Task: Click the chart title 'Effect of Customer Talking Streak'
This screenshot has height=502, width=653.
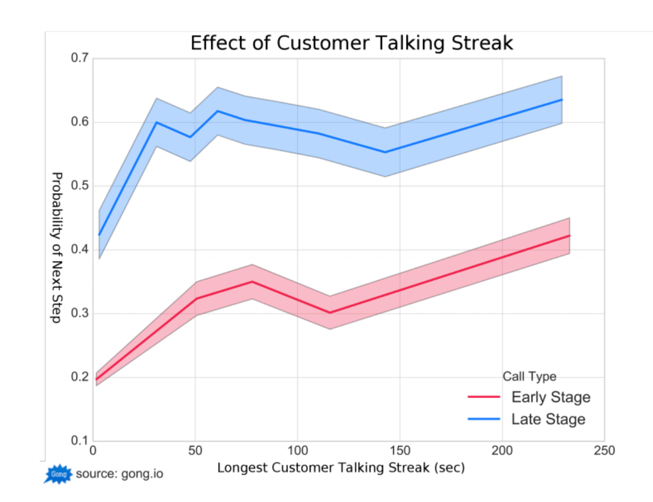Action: point(351,43)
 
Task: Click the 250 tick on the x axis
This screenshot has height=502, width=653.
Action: point(604,451)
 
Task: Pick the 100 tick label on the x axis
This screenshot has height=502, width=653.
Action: point(297,451)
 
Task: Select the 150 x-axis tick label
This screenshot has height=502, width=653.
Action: point(399,451)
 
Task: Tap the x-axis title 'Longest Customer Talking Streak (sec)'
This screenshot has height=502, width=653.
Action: point(341,468)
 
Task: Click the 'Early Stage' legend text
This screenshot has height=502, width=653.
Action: point(551,397)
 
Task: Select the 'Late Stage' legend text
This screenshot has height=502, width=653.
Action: point(548,419)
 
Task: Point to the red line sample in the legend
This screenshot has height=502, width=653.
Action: point(484,397)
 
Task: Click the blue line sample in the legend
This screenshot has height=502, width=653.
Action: point(484,419)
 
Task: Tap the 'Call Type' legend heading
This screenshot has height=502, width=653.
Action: point(529,376)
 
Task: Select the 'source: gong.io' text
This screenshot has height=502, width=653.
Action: point(119,474)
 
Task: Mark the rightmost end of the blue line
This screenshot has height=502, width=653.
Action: point(562,99)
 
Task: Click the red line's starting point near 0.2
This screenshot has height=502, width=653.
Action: point(97,379)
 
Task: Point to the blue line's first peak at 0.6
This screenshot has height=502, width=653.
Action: point(156,122)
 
